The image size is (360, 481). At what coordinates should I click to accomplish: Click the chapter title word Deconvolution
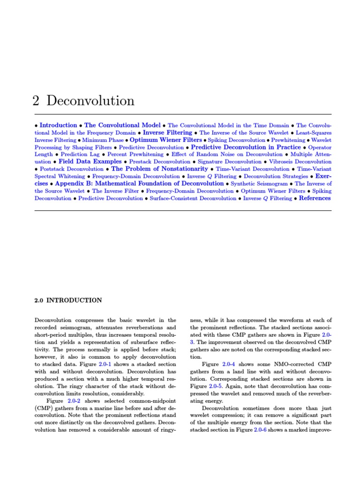(x=90, y=101)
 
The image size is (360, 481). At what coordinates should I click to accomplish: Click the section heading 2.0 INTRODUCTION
(x=68, y=300)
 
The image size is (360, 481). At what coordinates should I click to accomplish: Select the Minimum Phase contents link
(x=103, y=140)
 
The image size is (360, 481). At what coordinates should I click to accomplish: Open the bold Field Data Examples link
(x=90, y=162)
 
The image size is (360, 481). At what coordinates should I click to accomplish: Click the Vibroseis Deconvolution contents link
(x=300, y=162)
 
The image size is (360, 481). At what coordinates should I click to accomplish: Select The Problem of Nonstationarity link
(x=159, y=169)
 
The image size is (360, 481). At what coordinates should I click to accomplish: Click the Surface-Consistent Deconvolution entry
(x=193, y=199)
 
